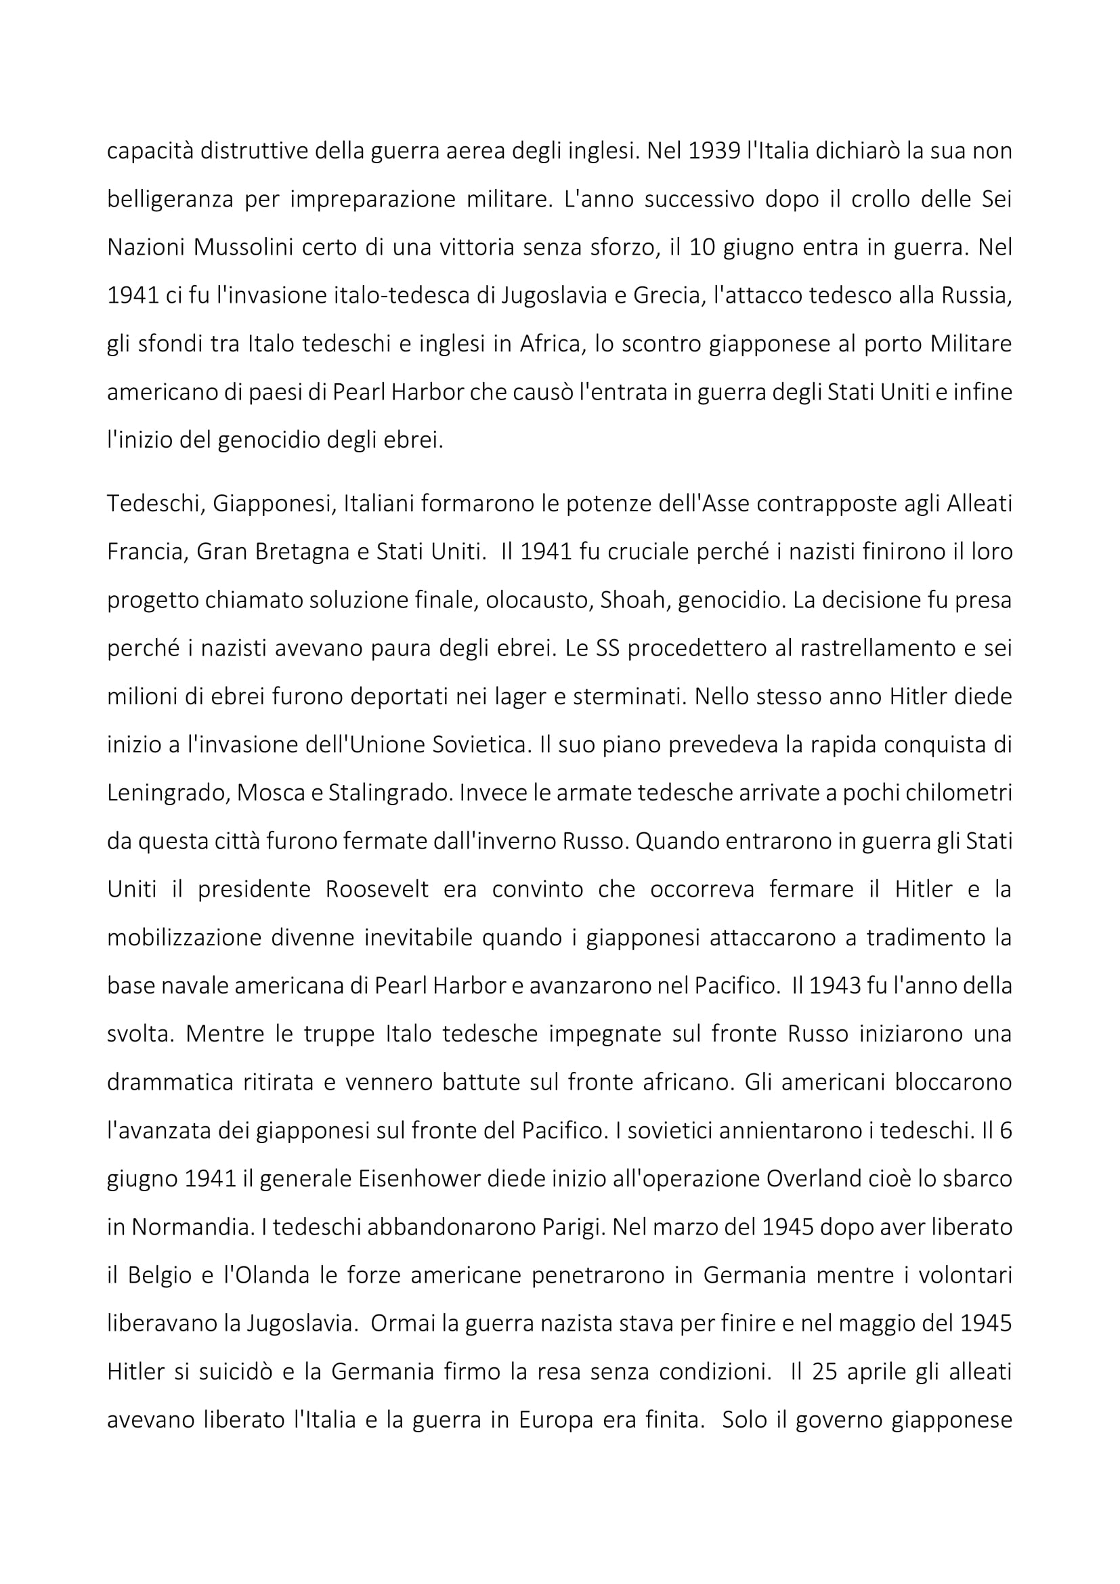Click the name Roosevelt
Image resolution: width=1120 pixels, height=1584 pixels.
pyautogui.click(x=376, y=889)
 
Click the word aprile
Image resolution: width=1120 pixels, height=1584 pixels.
pyautogui.click(x=877, y=1371)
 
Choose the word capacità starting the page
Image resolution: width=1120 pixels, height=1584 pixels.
pyautogui.click(x=150, y=151)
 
